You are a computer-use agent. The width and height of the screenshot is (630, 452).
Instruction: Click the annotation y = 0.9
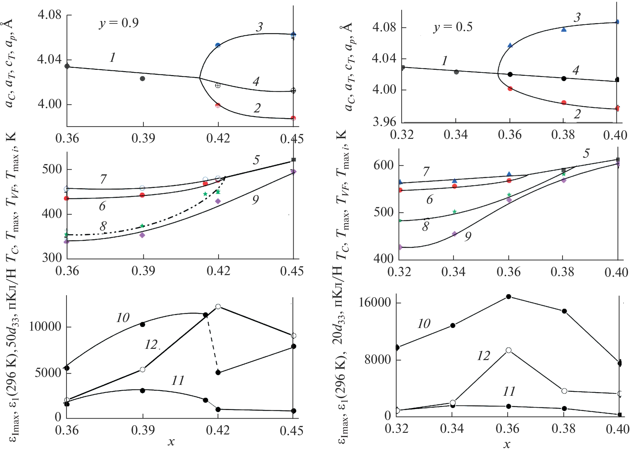(x=119, y=23)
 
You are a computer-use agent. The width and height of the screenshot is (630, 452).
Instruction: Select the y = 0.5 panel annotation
(x=453, y=27)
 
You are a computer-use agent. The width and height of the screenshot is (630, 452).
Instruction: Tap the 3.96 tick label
(x=384, y=122)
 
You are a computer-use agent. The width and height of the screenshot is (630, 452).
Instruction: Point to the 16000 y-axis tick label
(x=375, y=303)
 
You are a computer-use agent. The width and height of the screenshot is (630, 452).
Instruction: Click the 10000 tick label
(x=45, y=327)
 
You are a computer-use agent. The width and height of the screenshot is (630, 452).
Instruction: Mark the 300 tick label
(x=52, y=258)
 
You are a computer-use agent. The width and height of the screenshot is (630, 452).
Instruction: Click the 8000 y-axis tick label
(x=378, y=359)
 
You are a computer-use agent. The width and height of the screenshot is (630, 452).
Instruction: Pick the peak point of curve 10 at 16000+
(x=509, y=297)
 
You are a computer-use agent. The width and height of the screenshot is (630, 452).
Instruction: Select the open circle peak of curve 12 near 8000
(x=509, y=350)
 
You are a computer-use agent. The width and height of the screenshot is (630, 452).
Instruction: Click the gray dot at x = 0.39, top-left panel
(x=142, y=78)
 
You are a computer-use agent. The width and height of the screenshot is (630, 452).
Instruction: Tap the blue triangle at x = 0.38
(x=564, y=29)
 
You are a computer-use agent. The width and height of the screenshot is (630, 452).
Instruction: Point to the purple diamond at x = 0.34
(x=455, y=234)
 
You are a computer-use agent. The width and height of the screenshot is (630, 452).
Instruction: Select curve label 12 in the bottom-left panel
(x=151, y=345)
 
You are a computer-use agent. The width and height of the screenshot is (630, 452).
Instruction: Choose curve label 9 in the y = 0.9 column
(x=255, y=200)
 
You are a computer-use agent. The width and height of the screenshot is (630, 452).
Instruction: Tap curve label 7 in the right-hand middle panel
(x=426, y=172)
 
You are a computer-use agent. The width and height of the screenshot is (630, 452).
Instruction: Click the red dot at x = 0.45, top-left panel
(x=293, y=118)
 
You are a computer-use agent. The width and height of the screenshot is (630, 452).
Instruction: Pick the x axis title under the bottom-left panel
(x=171, y=442)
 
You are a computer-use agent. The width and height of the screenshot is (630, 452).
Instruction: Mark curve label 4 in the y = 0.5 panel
(x=576, y=70)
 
